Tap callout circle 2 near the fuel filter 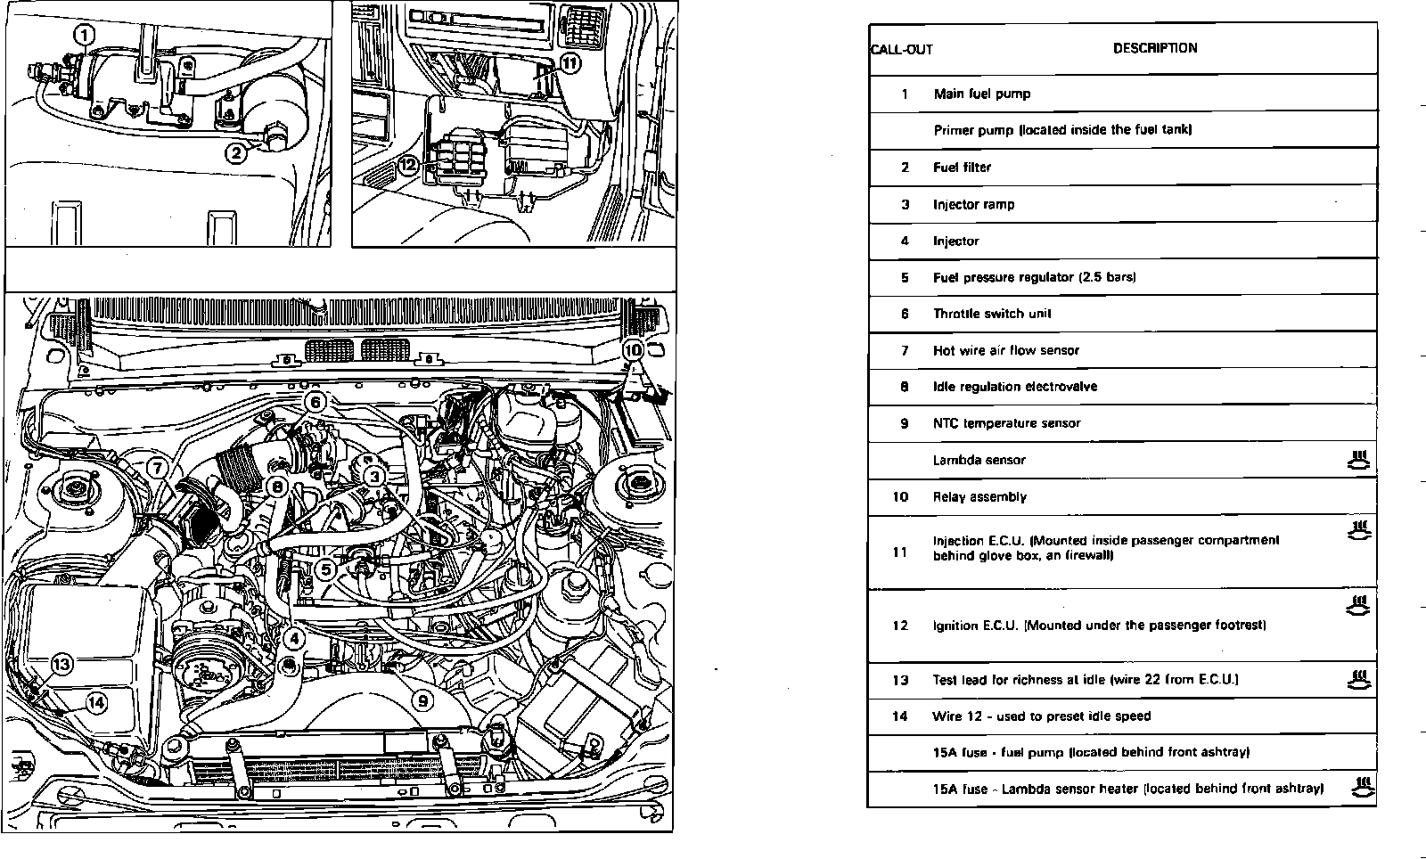[235, 153]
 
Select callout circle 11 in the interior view [570, 62]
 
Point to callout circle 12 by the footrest [408, 165]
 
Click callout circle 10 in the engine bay [632, 350]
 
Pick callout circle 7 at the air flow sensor [156, 467]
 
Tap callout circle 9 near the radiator [424, 699]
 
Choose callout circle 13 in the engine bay [61, 664]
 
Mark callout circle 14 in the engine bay [95, 702]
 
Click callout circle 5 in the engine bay [325, 568]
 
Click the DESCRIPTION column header [1154, 48]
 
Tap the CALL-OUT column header [901, 50]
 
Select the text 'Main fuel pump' [981, 94]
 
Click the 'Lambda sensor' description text [979, 461]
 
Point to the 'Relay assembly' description [979, 497]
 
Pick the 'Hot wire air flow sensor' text [1005, 350]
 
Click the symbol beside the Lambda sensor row [1357, 461]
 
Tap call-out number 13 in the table [900, 680]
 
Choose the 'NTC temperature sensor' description [1006, 423]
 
